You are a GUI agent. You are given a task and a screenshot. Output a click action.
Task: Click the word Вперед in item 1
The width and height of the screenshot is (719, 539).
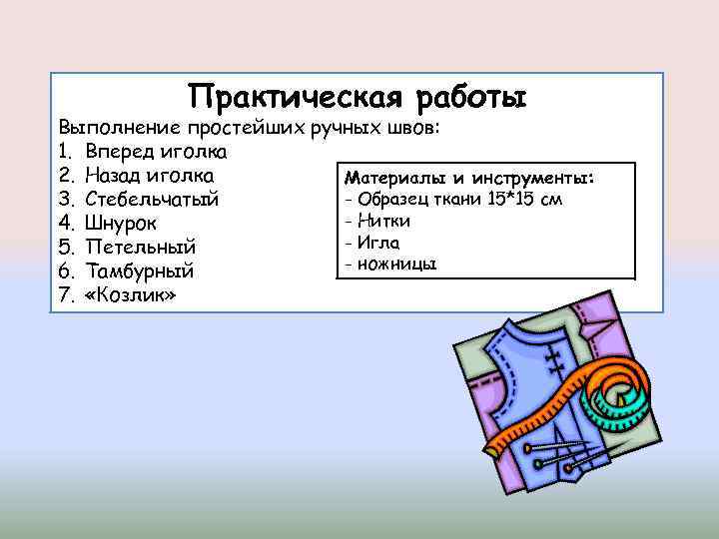120,153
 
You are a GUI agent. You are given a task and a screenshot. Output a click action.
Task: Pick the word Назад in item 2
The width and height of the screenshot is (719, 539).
115,176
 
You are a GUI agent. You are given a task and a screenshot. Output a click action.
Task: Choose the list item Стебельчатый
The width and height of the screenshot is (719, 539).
152,200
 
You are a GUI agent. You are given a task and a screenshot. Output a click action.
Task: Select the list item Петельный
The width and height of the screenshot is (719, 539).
140,248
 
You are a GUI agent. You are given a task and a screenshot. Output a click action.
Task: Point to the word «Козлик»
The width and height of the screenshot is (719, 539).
131,295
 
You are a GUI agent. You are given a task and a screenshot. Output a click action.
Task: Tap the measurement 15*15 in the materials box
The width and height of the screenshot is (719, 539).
511,199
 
